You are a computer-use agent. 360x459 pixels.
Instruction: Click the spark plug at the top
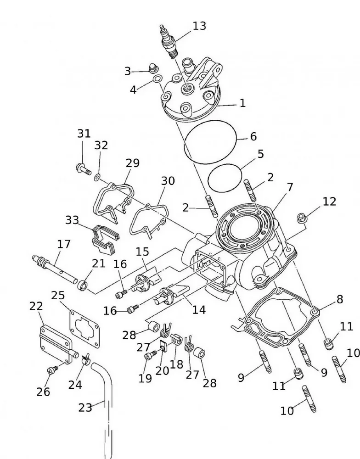[168, 41]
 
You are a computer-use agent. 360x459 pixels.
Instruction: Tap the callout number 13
[199, 26]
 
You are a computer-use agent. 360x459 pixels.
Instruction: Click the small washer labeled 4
[157, 79]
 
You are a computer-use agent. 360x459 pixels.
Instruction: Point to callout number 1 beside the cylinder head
[242, 103]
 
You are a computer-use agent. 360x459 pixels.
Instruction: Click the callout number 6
[253, 136]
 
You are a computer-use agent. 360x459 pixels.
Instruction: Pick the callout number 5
[260, 154]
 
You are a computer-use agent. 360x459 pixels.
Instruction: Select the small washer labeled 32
[98, 177]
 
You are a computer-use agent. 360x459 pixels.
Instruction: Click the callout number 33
[72, 220]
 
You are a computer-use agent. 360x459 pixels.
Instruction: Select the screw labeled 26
[53, 368]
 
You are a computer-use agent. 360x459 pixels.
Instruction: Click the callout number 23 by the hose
[85, 407]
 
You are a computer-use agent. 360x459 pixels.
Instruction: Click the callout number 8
[339, 299]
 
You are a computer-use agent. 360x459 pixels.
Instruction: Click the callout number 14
[199, 310]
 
